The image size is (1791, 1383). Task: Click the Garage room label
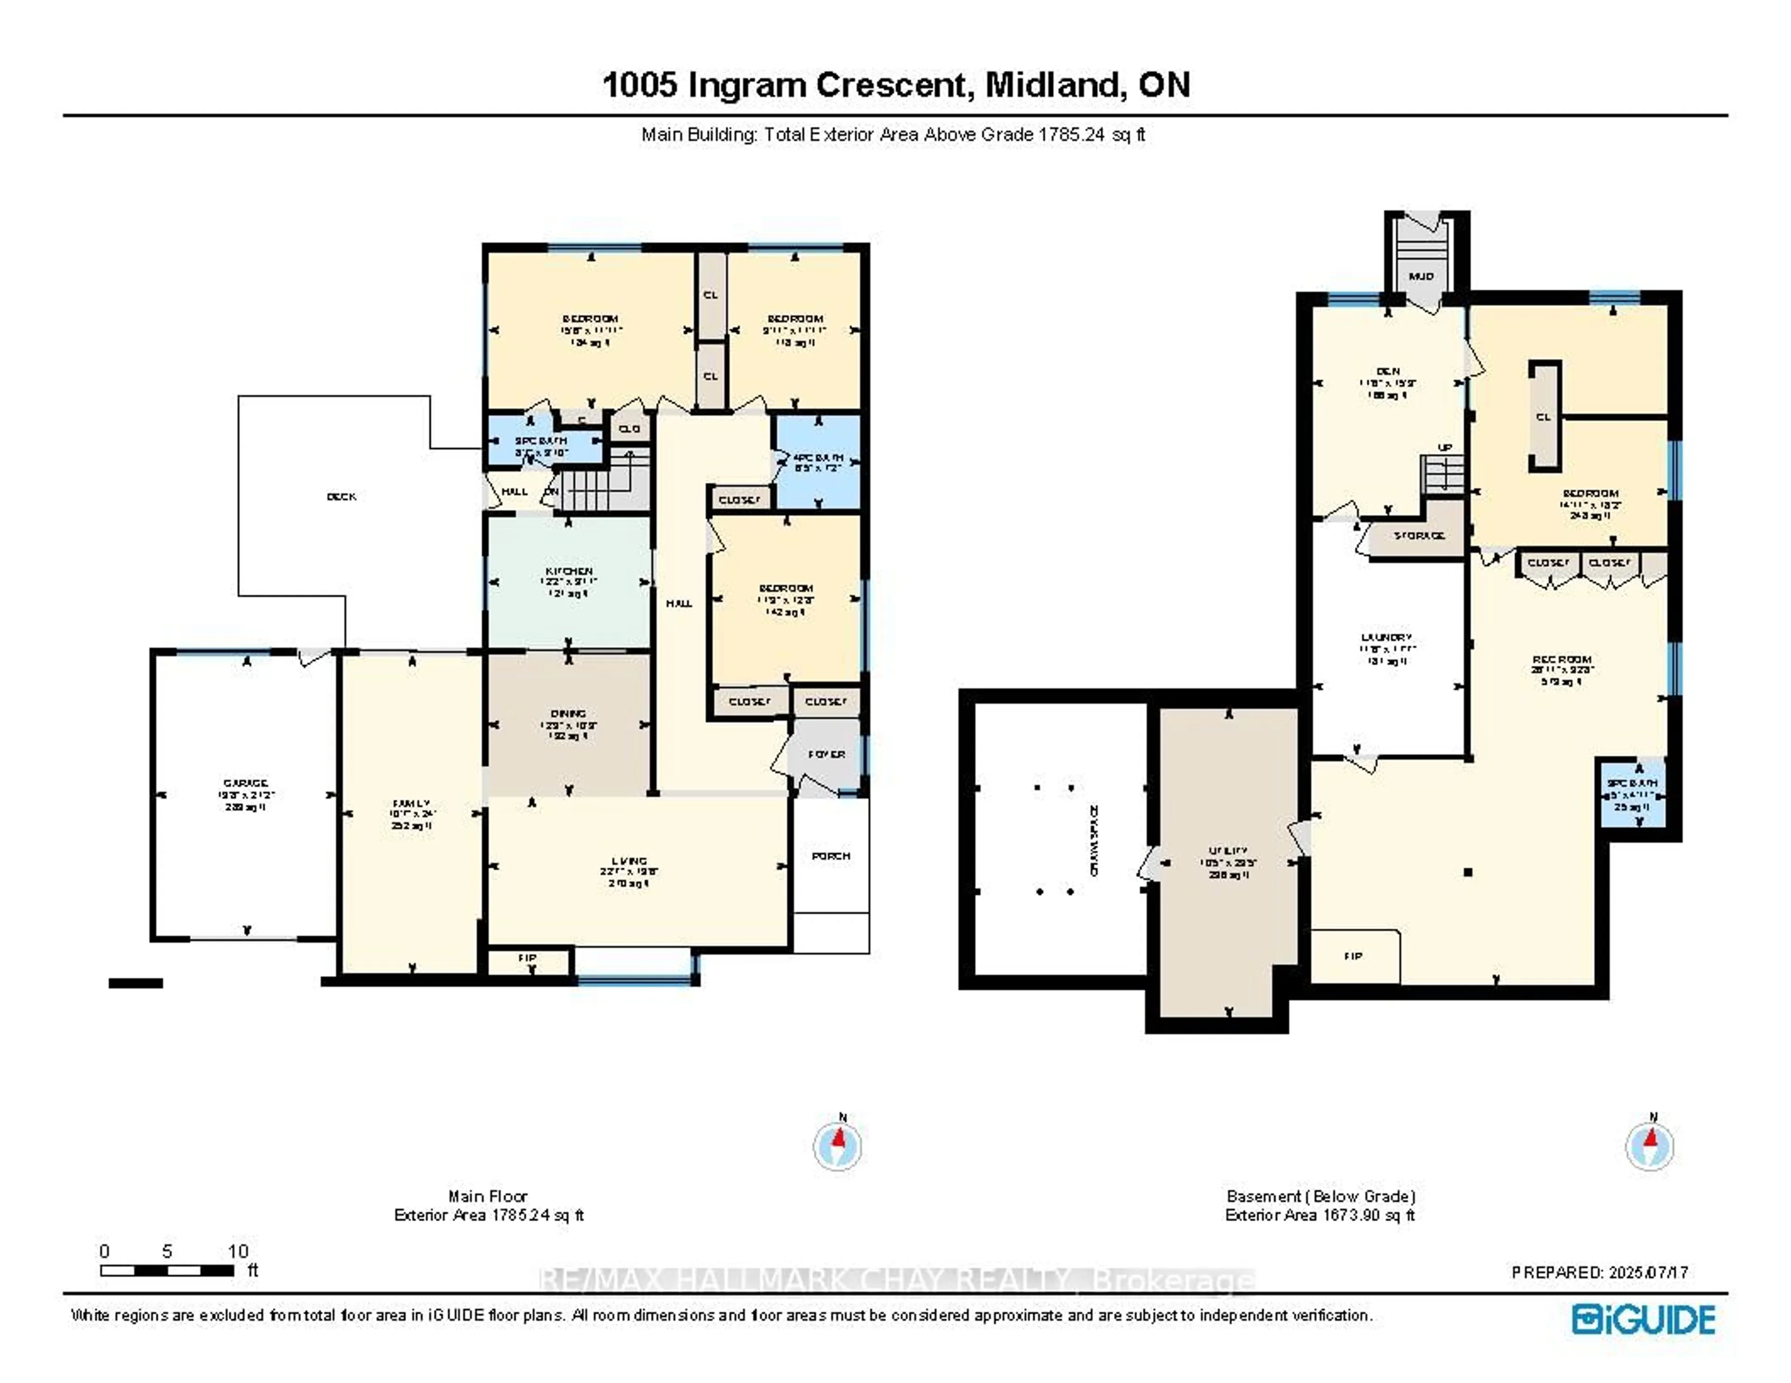tap(245, 783)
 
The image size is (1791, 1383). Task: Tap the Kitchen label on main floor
tap(569, 571)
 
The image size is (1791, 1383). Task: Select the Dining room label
tap(568, 713)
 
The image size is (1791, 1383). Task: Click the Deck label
tap(341, 496)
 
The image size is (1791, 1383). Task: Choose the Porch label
tap(831, 856)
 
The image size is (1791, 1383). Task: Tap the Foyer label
tap(826, 753)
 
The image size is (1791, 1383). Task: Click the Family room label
tap(411, 804)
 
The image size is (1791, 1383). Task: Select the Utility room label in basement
tap(1229, 851)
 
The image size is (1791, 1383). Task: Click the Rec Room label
tap(1562, 659)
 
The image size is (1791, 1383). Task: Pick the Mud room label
tap(1421, 276)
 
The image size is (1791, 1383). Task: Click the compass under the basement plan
tap(1649, 1146)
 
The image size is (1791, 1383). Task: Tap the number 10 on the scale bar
tap(238, 1251)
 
